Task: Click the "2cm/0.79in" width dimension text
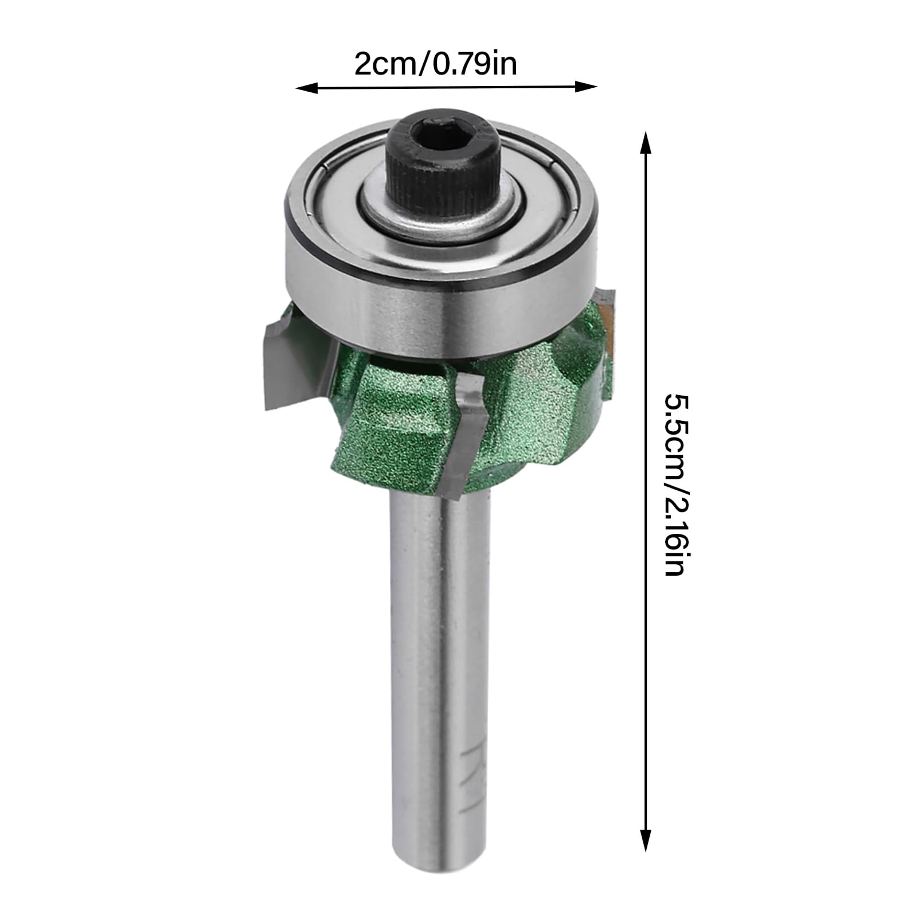[x=436, y=64]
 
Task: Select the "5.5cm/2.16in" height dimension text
[x=675, y=485]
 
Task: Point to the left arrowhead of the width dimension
[x=306, y=88]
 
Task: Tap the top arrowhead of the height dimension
[x=646, y=142]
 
